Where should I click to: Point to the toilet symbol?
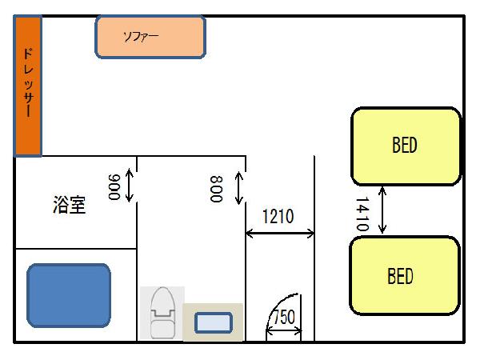pos(163,312)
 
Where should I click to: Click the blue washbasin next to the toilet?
pos(214,323)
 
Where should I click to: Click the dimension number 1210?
pos(279,216)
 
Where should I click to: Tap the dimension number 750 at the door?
pos(285,317)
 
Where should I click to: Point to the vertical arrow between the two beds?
pos(382,210)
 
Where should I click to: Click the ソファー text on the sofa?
pos(141,36)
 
